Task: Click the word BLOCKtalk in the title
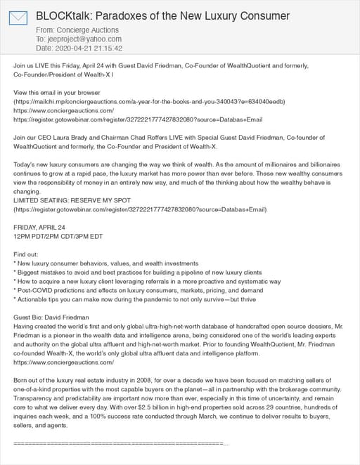click(x=63, y=15)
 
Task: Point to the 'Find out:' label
click(x=28, y=254)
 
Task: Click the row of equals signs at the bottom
click(x=120, y=445)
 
